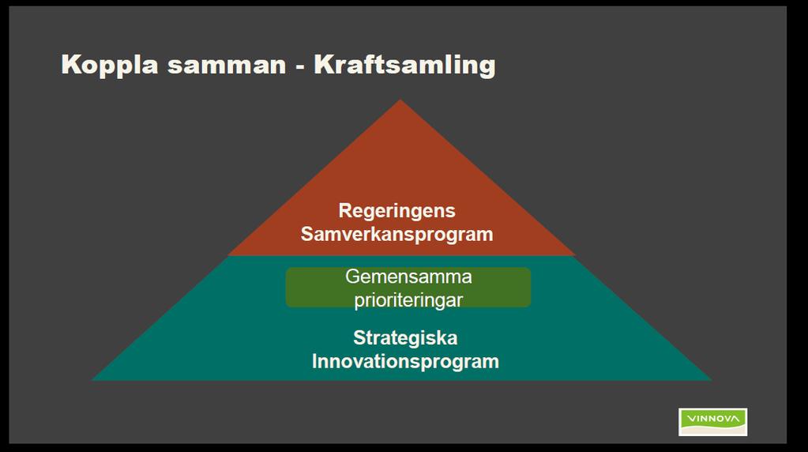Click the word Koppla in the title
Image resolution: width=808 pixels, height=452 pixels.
(x=109, y=66)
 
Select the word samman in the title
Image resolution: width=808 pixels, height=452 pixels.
(x=226, y=66)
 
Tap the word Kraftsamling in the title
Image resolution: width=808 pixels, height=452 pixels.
(x=404, y=66)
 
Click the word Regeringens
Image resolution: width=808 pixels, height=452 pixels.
(x=396, y=211)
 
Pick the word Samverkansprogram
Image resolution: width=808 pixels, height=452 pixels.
(x=396, y=234)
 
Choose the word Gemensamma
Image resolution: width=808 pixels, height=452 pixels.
(x=408, y=277)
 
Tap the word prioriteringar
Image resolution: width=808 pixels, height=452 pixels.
(x=408, y=299)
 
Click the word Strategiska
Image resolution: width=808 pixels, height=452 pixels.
(x=405, y=338)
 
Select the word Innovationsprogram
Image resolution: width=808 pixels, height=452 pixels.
(x=405, y=361)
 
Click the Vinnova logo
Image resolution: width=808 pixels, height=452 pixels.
(x=712, y=422)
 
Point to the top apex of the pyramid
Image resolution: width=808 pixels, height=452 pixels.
(x=400, y=100)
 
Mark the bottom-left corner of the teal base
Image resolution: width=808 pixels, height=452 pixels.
(x=92, y=380)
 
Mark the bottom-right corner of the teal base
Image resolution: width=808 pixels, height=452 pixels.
(x=712, y=380)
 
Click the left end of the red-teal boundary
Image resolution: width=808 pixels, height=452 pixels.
(x=228, y=256)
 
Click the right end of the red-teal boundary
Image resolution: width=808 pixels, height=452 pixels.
(x=574, y=256)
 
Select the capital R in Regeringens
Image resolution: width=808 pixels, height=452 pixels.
(x=344, y=211)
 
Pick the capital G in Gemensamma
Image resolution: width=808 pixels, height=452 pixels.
(x=352, y=277)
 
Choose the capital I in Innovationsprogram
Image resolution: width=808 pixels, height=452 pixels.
(x=314, y=361)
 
